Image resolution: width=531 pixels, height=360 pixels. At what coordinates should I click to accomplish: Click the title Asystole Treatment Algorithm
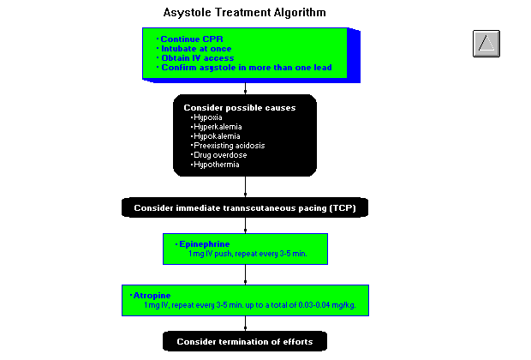(244, 13)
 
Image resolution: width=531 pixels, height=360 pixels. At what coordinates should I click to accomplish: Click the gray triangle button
(486, 44)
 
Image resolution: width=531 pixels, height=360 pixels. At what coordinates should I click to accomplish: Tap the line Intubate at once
(195, 49)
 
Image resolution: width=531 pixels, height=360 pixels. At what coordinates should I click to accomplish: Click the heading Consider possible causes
(240, 107)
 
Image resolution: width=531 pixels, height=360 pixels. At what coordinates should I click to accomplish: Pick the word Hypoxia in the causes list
(206, 117)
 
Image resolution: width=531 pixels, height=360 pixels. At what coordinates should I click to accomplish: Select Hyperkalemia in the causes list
(218, 126)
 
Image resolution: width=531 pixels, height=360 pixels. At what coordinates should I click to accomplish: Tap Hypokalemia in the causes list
(217, 135)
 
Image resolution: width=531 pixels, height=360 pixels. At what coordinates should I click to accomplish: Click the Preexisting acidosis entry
(229, 145)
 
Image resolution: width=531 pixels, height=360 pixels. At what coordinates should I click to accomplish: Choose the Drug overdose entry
(220, 154)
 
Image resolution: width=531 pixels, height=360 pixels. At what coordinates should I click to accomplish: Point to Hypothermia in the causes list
(216, 164)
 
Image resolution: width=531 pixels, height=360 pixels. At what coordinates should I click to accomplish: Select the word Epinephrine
(204, 244)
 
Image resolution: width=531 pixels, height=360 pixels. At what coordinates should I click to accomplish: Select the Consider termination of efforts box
(245, 342)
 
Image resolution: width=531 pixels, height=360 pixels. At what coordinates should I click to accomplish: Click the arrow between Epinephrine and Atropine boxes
(246, 274)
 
